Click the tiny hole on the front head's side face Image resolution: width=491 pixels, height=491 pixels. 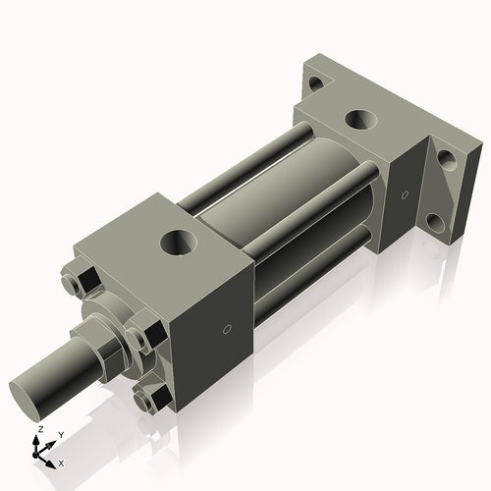(x=228, y=330)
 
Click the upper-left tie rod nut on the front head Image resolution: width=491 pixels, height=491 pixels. (x=79, y=284)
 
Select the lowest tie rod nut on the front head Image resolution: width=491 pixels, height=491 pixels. (x=149, y=400)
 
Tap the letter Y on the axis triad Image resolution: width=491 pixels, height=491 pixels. (x=60, y=434)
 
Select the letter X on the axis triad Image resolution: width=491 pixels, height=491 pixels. (x=62, y=462)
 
